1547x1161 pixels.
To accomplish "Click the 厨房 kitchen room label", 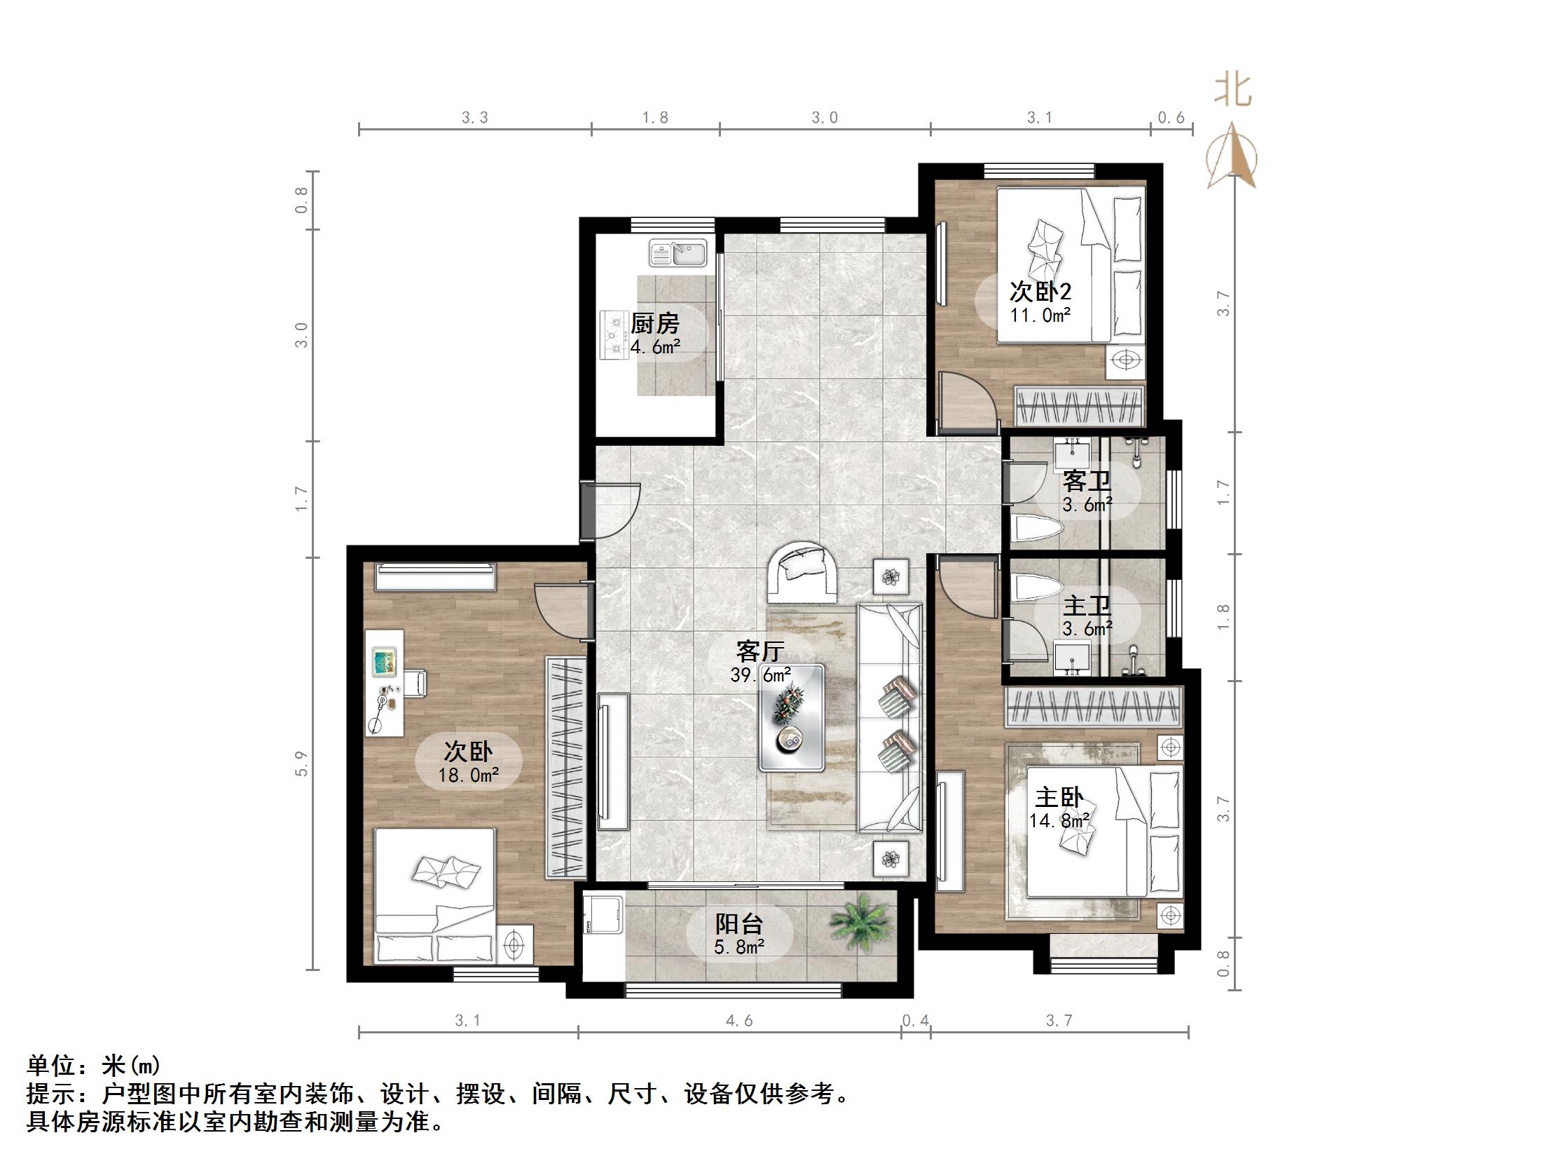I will (x=655, y=323).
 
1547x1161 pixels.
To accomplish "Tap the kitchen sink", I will (x=678, y=253).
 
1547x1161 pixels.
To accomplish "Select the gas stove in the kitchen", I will (x=614, y=335).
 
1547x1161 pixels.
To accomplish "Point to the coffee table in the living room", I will (x=792, y=718).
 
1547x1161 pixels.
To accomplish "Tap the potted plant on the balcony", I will (x=860, y=923).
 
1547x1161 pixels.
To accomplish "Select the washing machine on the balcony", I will (x=604, y=913).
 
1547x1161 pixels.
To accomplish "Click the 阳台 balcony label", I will (x=738, y=924).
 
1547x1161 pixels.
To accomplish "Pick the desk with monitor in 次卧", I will (x=384, y=681).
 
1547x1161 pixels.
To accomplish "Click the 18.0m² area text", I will (x=468, y=775).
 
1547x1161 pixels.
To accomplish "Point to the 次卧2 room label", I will (x=1040, y=292).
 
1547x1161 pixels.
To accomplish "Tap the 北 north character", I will (x=1232, y=90).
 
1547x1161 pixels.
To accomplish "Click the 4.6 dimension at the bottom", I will (x=739, y=1021).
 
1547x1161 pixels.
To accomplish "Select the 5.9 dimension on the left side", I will (x=301, y=763).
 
